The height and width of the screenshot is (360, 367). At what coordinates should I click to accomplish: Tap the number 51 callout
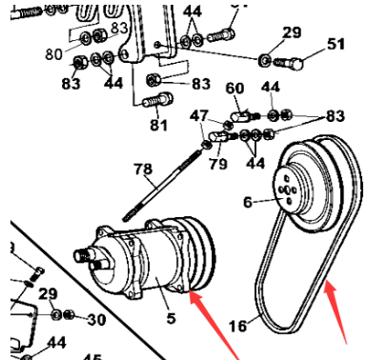[336, 44]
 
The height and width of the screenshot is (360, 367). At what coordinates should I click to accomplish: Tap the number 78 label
[143, 170]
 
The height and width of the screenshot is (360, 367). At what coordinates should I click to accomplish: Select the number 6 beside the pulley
[246, 202]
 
